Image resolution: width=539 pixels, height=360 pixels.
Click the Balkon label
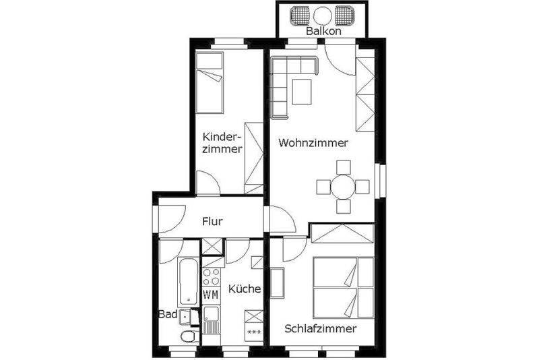[323, 31]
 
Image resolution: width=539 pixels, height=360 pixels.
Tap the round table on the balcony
[323, 16]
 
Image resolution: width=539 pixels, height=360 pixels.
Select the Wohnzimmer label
[313, 143]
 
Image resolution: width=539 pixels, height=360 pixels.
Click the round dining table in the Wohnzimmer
[343, 187]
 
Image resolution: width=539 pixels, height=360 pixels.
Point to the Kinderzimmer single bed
[210, 82]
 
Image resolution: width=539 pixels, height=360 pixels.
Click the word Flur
[212, 221]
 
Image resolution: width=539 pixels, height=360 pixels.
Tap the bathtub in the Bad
[188, 281]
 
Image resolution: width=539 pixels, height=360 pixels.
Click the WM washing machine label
[211, 295]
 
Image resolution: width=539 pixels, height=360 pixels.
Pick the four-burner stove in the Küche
[211, 277]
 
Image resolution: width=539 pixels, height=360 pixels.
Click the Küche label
[245, 289]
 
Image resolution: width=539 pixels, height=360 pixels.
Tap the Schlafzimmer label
[321, 329]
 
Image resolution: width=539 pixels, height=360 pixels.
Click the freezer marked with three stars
[254, 332]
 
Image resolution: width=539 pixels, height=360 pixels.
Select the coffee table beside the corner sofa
[302, 92]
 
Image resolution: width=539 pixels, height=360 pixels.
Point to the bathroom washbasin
[186, 316]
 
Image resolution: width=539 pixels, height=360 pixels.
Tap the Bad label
[168, 314]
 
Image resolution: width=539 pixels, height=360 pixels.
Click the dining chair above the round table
[344, 167]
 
